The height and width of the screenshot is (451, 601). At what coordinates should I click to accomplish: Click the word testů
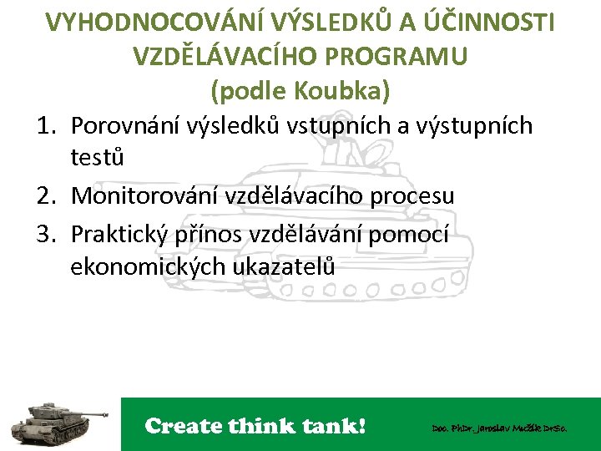(98, 158)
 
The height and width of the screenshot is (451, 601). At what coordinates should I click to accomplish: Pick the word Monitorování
(143, 197)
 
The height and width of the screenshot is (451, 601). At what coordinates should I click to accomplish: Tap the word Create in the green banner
(182, 426)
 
